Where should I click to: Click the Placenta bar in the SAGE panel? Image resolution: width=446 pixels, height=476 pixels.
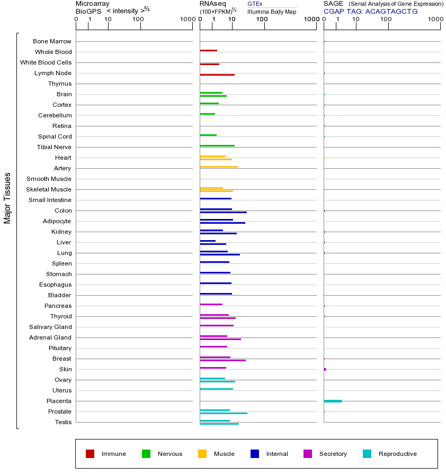click(333, 401)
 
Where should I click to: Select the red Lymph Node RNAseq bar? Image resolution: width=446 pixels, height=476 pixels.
click(217, 75)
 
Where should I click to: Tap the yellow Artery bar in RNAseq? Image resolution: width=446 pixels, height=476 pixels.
click(219, 167)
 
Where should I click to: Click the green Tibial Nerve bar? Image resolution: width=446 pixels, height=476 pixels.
click(217, 145)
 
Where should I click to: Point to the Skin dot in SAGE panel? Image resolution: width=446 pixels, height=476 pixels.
click(325, 369)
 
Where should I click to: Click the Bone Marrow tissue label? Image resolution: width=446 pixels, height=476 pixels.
click(52, 41)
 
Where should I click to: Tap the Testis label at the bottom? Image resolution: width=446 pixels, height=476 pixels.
click(63, 422)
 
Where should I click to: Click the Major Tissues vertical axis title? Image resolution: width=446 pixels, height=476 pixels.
click(7, 198)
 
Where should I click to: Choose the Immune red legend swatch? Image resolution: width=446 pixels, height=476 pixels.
click(90, 454)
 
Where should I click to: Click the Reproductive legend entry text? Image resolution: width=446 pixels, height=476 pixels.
click(397, 454)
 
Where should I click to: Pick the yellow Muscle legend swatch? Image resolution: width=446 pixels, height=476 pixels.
click(202, 454)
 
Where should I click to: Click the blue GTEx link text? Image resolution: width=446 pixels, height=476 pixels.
click(255, 4)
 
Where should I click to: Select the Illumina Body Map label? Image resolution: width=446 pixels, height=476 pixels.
click(272, 12)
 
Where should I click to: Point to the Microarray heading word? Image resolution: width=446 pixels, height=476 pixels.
click(93, 4)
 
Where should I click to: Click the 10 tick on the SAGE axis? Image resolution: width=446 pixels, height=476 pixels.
click(356, 20)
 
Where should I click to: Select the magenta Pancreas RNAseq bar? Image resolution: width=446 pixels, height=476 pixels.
click(211, 304)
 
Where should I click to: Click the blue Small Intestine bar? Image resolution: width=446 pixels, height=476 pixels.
click(216, 198)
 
